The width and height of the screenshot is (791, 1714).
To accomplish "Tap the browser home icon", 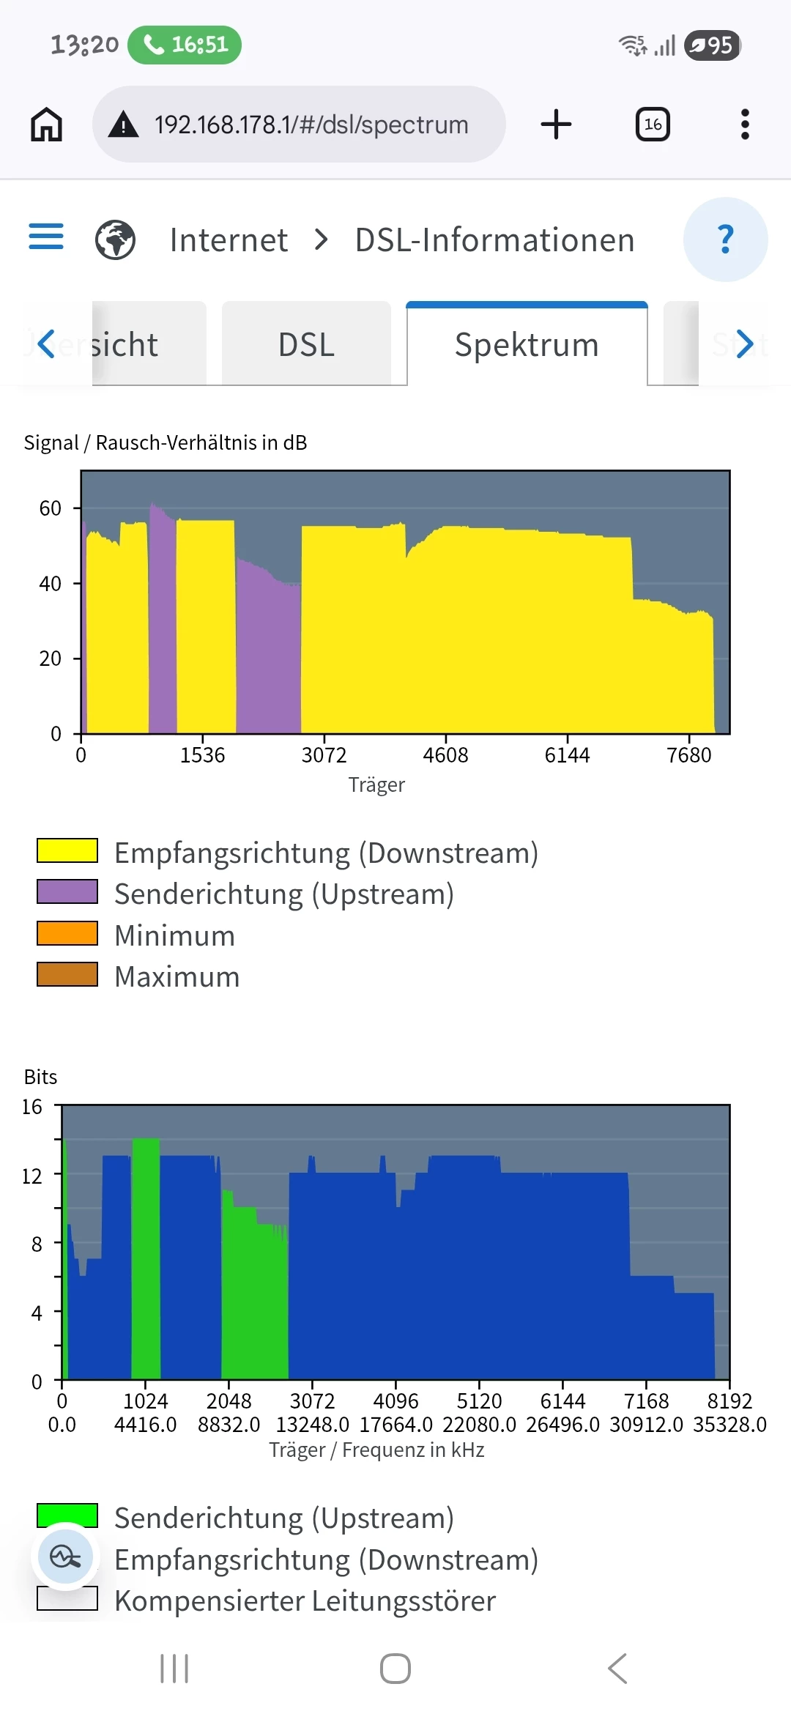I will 46,125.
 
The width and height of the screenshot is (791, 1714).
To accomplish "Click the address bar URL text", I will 311,125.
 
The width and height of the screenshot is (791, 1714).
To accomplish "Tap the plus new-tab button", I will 556,125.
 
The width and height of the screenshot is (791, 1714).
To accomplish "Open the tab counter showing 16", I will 653,125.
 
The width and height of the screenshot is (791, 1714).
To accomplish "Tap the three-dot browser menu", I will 745,125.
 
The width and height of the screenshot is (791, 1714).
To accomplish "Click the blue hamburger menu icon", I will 46,237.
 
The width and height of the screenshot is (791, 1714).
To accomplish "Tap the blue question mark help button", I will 725,240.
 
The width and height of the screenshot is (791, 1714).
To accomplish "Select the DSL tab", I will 306,344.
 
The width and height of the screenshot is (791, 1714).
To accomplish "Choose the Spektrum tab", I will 527,344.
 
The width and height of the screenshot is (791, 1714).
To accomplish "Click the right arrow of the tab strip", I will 745,344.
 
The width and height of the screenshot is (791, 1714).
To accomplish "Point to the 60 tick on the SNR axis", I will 51,508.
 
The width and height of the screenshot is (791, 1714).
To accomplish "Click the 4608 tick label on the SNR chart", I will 445,755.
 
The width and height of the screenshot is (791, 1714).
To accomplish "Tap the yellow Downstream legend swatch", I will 67,851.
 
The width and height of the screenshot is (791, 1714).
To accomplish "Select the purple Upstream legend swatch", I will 67,892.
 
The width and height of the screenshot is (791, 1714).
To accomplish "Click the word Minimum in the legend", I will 175,935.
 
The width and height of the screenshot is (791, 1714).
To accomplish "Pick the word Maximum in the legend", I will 177,976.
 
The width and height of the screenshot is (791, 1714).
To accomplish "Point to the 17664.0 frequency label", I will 396,1425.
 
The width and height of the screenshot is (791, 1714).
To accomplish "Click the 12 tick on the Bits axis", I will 32,1176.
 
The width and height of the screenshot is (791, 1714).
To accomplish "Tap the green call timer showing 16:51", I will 185,45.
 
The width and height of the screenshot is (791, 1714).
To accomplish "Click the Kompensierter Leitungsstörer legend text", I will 305,1600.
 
